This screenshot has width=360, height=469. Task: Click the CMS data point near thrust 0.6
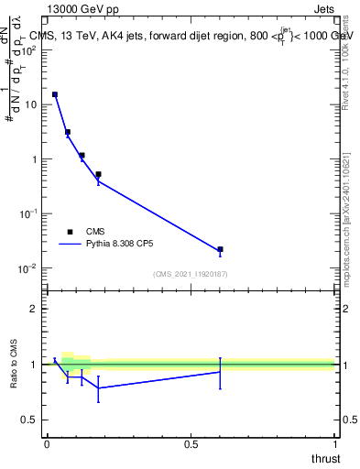coord(221,249)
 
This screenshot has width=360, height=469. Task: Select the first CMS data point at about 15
coord(55,94)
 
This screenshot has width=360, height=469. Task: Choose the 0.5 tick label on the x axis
coord(191,444)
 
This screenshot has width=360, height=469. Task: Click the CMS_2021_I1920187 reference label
coord(191,274)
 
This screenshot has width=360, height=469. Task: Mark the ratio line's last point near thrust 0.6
coord(221,372)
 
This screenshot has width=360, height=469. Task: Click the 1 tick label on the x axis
coord(335,444)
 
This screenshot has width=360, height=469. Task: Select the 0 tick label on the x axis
coord(46,444)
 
